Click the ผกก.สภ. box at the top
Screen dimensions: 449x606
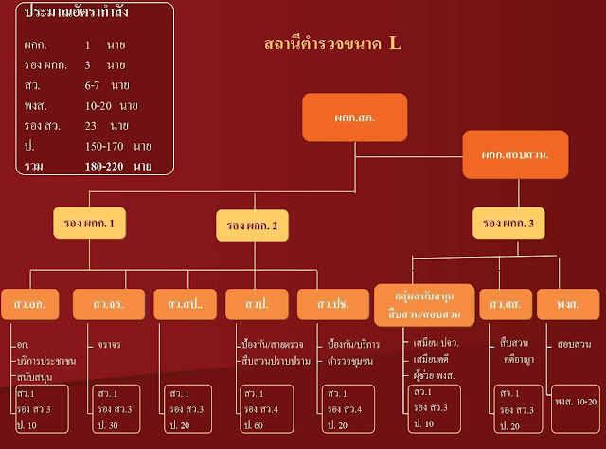pos(354,117)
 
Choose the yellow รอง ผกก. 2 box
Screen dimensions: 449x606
pos(252,225)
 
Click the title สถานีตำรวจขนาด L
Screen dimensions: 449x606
pos(332,44)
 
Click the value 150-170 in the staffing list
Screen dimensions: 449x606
pos(109,146)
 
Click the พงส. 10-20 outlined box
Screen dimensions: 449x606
pos(576,401)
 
